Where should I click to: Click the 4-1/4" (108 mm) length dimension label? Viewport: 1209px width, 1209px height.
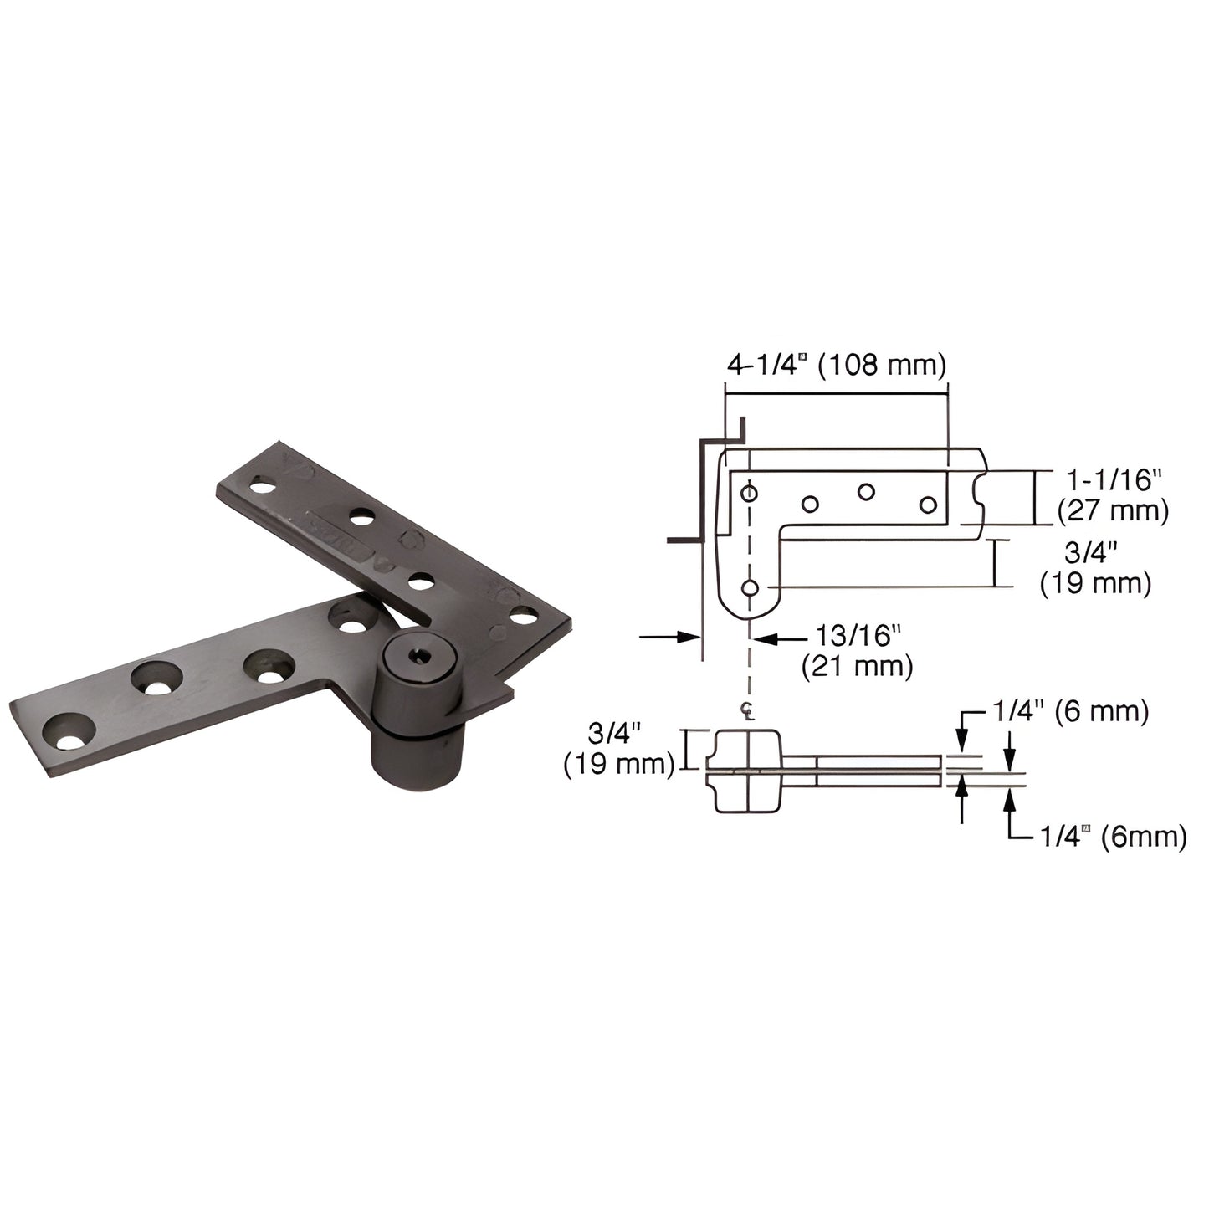coord(836,365)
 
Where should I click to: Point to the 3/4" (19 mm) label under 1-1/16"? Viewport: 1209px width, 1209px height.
coord(1095,568)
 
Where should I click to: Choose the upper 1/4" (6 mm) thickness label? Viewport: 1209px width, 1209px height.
coord(1069,711)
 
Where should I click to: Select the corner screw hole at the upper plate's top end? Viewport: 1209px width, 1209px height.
coord(262,485)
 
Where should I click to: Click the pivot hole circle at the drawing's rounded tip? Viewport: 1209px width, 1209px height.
coord(750,588)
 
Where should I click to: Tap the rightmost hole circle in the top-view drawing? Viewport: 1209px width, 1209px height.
coord(927,505)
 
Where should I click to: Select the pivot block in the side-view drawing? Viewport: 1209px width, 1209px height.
coord(747,771)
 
